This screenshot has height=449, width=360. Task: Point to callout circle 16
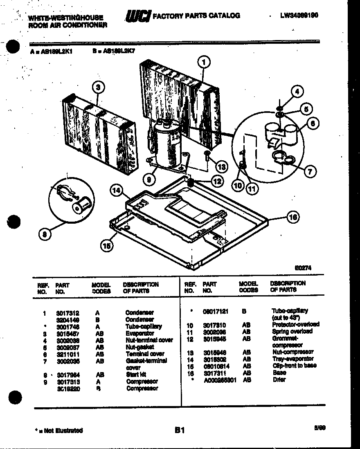293,217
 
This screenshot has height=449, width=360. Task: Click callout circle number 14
117,189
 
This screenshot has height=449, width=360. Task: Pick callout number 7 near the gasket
310,172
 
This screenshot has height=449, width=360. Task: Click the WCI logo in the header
137,16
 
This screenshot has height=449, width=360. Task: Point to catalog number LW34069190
299,16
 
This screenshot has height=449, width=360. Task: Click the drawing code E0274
303,268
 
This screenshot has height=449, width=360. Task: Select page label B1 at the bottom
180,430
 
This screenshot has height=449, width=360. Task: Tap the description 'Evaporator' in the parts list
139,333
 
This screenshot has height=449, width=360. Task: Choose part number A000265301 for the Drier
220,379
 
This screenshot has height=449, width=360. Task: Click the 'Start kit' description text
136,374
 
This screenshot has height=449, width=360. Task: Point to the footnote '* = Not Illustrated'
59,430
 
